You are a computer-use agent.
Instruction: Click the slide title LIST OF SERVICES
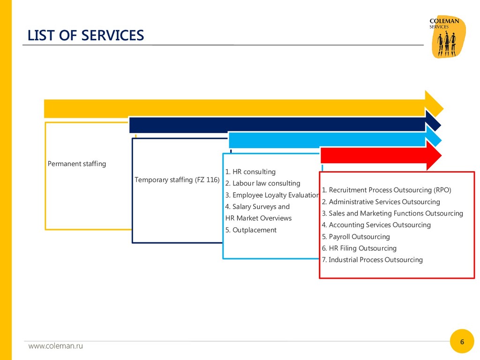pos(86,36)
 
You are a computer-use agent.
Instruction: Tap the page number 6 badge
pos(462,342)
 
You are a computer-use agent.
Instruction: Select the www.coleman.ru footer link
pos(55,346)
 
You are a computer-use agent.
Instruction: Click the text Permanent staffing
pos(77,164)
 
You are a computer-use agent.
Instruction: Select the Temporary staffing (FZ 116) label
pos(177,180)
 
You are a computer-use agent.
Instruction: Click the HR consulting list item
pos(250,172)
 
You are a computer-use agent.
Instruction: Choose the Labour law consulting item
pos(262,183)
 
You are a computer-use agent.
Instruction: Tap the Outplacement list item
pos(251,230)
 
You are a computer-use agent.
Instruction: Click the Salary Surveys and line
pos(257,207)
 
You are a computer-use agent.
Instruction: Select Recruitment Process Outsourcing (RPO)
pos(386,190)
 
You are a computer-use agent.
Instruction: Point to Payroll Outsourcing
pos(356,237)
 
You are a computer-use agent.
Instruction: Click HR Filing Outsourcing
pos(359,248)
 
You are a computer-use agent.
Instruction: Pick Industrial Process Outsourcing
pos(372,260)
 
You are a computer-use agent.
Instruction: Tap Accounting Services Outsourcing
pos(376,225)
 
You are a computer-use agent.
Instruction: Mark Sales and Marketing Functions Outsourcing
pos(392,213)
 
